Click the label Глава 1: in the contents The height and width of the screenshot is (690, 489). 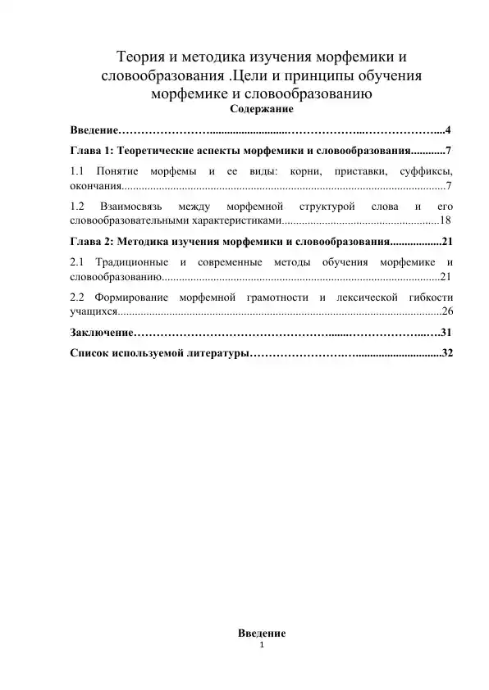coord(92,152)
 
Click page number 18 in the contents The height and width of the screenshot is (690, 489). coord(446,220)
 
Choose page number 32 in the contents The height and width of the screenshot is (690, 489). coord(447,353)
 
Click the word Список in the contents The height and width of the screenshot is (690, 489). coord(90,353)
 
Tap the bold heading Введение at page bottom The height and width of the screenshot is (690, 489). coord(262,633)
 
